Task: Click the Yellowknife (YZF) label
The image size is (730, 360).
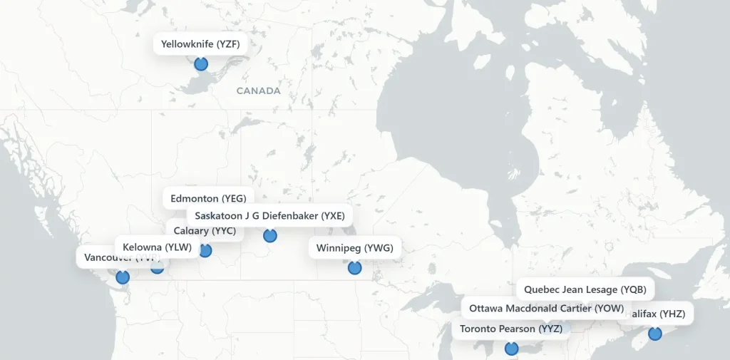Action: pos(200,44)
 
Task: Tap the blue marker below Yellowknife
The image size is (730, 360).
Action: pos(201,64)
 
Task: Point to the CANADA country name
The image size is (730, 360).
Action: pos(258,91)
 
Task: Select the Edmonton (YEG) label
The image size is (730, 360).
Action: pos(207,197)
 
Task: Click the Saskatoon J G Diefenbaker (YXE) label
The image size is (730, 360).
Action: pos(269,215)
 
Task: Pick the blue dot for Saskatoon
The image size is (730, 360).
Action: pos(269,235)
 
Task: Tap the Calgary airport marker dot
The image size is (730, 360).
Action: pos(205,250)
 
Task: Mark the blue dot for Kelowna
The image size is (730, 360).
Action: pos(158,267)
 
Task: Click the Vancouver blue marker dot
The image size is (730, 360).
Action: pos(123,277)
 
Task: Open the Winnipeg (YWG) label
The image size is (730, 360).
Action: pos(354,248)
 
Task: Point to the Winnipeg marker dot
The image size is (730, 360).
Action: pos(354,268)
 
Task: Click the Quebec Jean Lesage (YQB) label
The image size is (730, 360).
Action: pos(585,289)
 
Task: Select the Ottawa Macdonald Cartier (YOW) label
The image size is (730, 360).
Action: pos(546,309)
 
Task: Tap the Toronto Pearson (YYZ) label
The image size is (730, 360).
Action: pos(510,329)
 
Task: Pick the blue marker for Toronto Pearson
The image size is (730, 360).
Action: pos(511,349)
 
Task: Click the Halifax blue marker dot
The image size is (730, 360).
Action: pos(654,333)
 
